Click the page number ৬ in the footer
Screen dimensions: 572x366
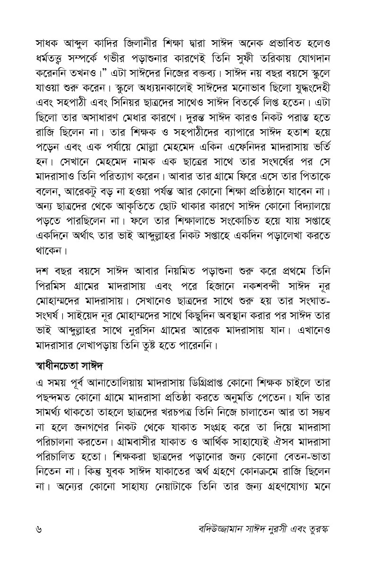pyautogui.click(x=39, y=528)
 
